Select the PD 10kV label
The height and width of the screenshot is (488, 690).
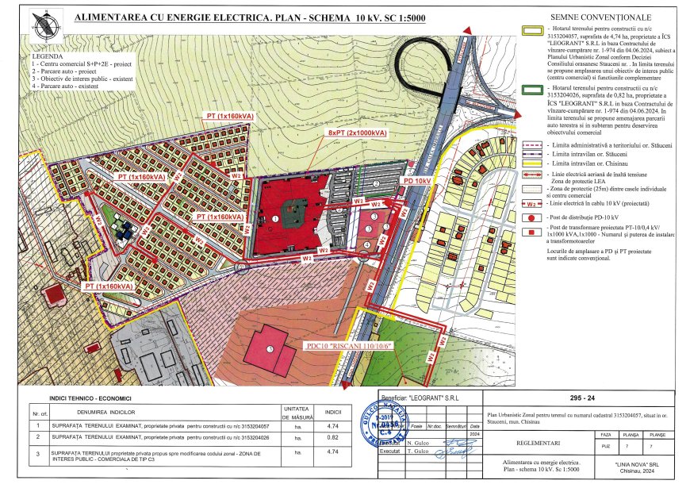417,181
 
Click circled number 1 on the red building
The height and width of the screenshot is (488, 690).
274,216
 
